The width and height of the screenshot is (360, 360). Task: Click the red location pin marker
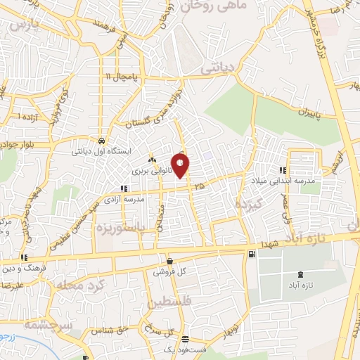tap(181, 165)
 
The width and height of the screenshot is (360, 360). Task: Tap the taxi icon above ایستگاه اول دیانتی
tap(102, 139)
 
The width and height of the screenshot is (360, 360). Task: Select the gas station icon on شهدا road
tap(251, 254)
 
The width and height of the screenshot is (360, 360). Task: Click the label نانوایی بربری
tap(150, 171)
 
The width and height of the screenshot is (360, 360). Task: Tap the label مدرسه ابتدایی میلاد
tap(282, 181)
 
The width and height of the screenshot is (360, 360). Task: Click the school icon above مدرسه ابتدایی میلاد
tap(282, 170)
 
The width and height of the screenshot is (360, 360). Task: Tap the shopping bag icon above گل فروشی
tap(169, 260)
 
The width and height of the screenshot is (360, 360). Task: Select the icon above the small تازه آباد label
tap(301, 274)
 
